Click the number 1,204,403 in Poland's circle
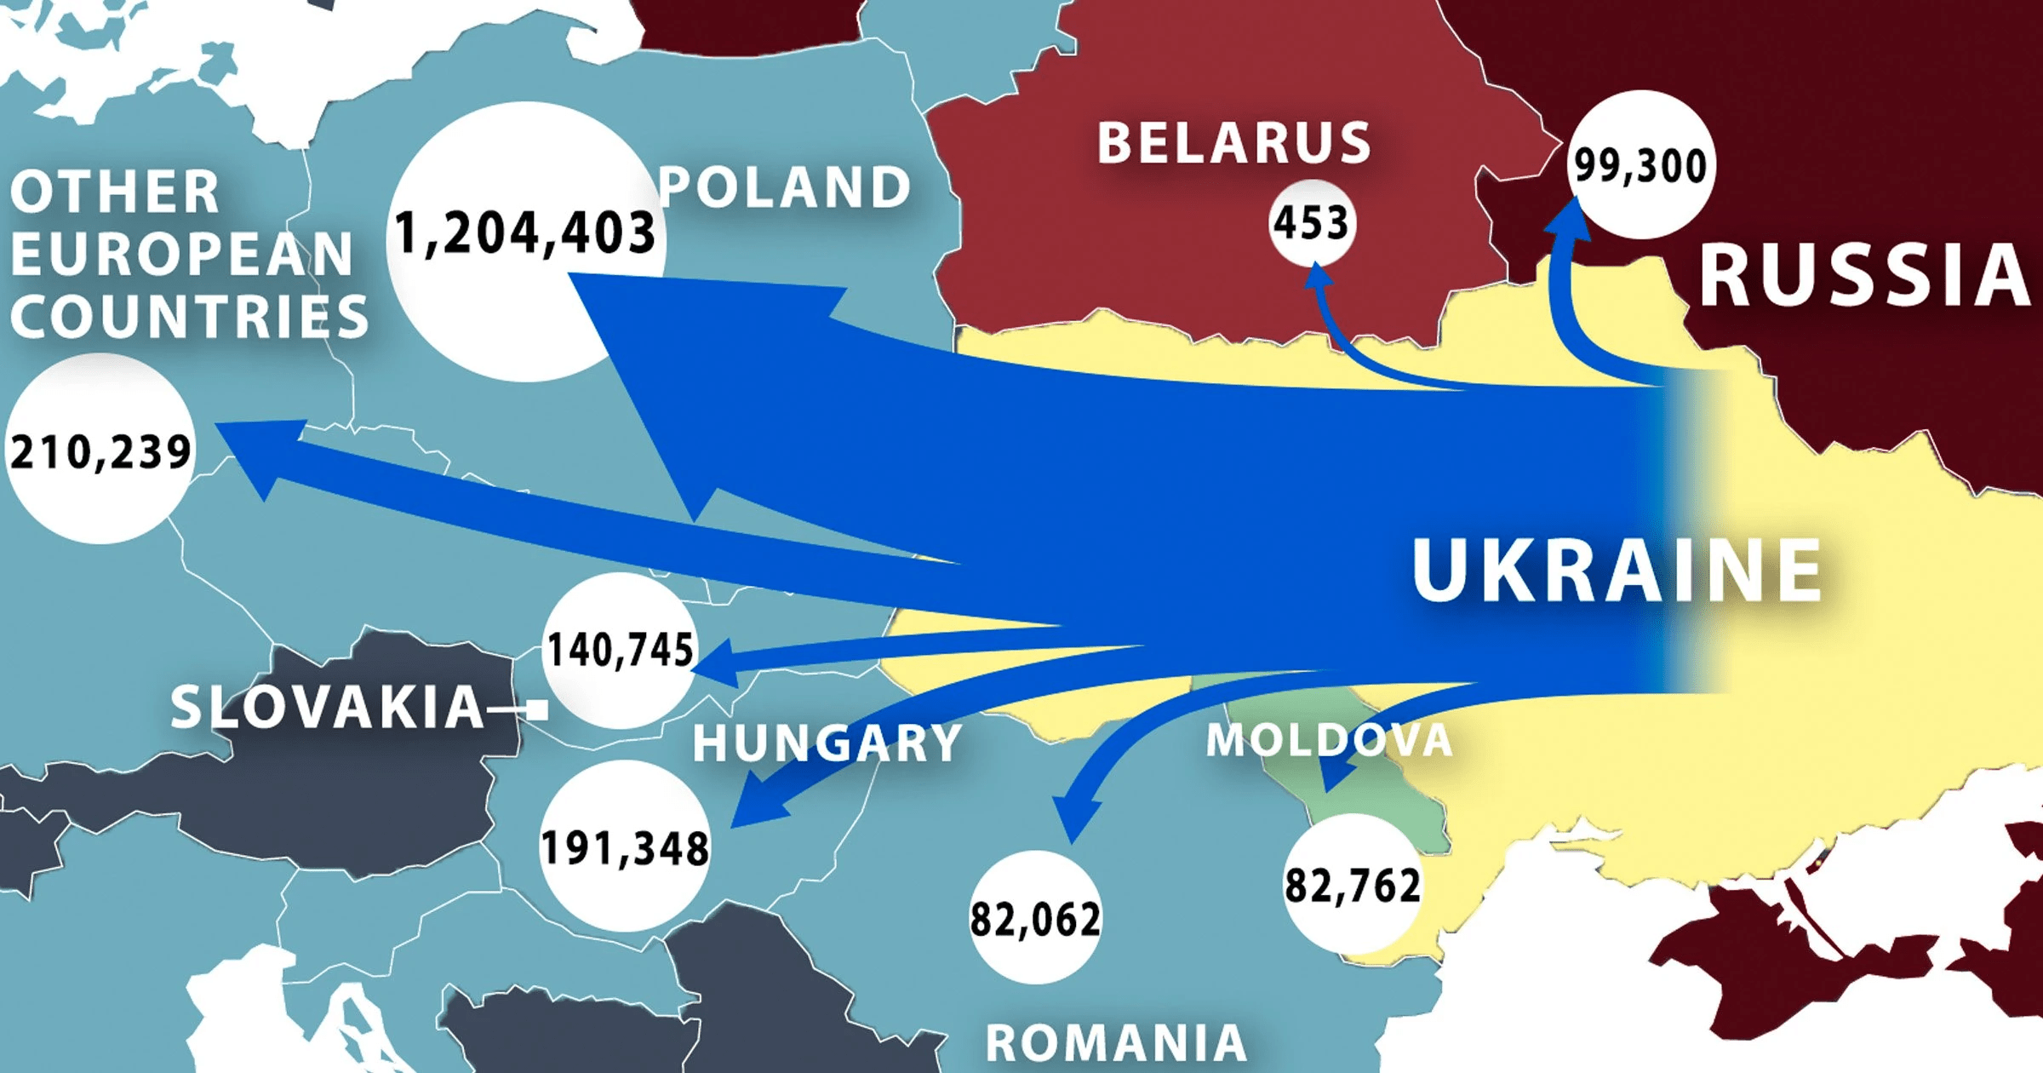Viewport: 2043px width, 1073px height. point(525,234)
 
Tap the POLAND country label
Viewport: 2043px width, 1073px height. point(785,188)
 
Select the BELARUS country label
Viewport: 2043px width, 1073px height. point(1234,143)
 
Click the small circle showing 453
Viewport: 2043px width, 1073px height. point(1311,223)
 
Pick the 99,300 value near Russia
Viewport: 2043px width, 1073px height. point(1640,165)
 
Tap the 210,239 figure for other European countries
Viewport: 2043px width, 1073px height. point(100,451)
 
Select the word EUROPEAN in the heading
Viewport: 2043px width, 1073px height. point(181,254)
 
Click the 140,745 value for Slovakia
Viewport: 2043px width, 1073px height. point(621,651)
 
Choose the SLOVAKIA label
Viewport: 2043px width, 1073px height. point(328,707)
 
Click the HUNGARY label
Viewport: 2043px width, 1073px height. point(827,743)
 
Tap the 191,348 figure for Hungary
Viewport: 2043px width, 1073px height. point(625,848)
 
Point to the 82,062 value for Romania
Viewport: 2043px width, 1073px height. point(1035,920)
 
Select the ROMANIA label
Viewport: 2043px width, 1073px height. point(1116,1042)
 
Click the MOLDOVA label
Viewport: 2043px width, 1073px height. point(1329,739)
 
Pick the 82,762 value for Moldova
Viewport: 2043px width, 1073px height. point(1353,886)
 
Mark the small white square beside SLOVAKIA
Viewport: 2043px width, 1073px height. point(537,709)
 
